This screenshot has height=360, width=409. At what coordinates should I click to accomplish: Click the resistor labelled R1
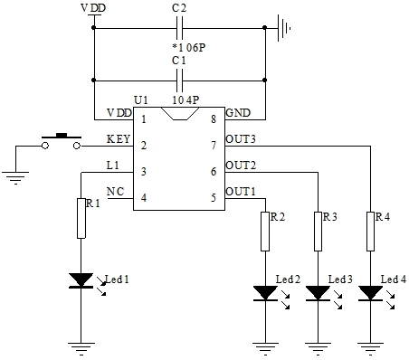coord(82,219)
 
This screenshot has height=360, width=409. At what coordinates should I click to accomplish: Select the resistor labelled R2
coord(264,232)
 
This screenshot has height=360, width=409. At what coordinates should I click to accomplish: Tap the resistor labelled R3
coord(318,232)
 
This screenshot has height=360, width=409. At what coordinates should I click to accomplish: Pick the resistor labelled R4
coord(371,232)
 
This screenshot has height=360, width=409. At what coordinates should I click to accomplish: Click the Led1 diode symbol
coord(82,281)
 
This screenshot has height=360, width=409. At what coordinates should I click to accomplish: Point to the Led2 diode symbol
coord(264,293)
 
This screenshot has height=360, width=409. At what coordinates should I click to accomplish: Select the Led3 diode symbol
coord(318,293)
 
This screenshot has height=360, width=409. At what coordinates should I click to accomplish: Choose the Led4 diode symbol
coord(371,293)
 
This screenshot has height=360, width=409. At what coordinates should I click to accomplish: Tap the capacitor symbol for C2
coord(179,27)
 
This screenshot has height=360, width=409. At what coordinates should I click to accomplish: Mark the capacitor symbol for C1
coord(179,80)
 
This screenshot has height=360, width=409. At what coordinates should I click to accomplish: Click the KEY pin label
coord(118,139)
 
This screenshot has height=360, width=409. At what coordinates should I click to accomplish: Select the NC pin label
coord(115,191)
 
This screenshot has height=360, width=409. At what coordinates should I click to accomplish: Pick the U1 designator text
coord(140,99)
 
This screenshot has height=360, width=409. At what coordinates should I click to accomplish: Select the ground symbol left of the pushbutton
coord(15,175)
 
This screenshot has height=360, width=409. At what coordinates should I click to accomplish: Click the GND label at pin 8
coord(237,112)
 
